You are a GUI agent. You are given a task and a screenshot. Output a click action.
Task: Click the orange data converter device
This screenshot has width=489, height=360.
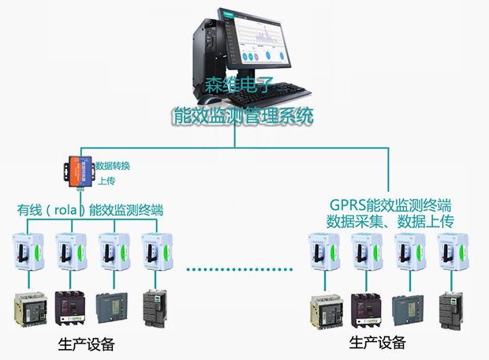77,172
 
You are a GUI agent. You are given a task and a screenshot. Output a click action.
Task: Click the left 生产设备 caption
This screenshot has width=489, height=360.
86,345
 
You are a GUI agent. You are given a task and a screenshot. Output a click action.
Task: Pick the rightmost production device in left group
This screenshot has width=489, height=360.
153,310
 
